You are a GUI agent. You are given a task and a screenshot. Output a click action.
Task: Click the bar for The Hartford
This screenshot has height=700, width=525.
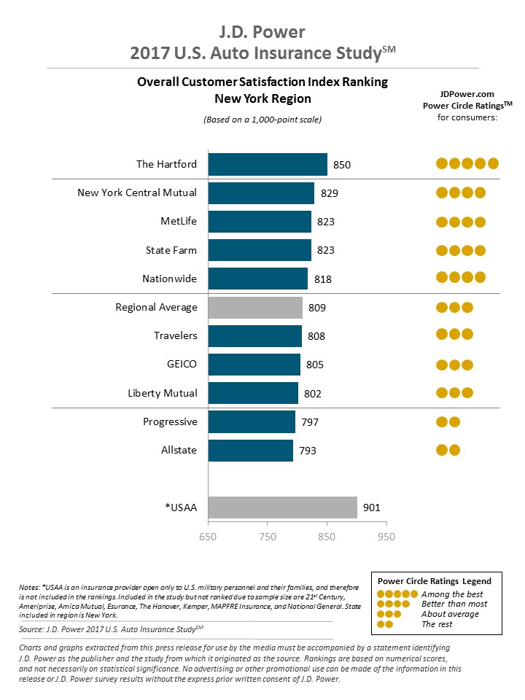(x=268, y=165)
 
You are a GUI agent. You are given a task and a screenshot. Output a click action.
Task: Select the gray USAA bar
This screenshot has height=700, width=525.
(x=283, y=507)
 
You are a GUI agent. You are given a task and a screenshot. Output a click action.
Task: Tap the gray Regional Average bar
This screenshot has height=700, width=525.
(x=255, y=308)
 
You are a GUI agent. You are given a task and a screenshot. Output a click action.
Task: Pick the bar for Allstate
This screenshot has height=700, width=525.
(x=250, y=451)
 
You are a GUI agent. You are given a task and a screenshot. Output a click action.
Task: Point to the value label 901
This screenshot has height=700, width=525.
(x=371, y=507)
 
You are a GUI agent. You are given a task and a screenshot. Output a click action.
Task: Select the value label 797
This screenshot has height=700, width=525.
(x=309, y=422)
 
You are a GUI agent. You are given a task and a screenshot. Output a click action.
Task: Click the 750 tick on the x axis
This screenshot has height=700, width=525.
(x=268, y=537)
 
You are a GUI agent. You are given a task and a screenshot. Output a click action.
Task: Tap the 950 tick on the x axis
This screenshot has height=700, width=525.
(x=386, y=537)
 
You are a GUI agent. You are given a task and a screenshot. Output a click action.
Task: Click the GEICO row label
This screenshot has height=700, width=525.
(x=182, y=365)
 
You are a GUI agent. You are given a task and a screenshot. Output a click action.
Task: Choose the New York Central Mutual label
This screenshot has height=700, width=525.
(x=137, y=192)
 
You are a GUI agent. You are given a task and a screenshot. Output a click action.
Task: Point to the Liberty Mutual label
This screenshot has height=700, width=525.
(x=162, y=393)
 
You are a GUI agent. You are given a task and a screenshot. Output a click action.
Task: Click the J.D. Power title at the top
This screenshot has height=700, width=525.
(x=262, y=32)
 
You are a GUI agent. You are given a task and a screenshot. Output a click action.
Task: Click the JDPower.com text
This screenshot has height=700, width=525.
(x=467, y=94)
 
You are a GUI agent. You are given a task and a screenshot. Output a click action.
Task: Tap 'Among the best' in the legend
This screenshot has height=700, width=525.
(x=452, y=594)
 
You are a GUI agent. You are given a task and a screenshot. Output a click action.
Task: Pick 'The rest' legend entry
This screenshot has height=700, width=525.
(x=437, y=624)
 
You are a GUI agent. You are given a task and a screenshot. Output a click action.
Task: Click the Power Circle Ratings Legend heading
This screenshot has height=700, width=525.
(x=434, y=581)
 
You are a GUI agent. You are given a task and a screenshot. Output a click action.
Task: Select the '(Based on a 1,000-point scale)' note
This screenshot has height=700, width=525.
(x=262, y=119)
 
